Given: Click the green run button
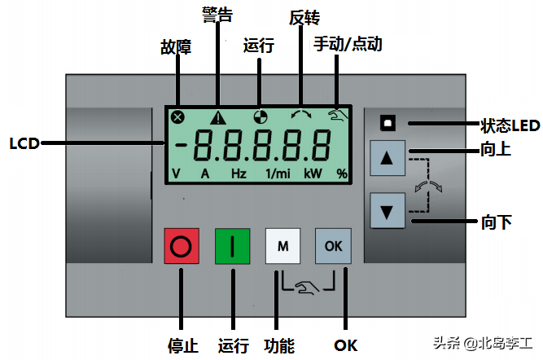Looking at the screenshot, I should [232, 246].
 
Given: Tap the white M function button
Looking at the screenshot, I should [282, 246].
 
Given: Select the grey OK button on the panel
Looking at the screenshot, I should [333, 246].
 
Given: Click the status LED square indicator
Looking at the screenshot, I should [388, 124].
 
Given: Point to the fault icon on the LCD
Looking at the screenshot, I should [177, 117].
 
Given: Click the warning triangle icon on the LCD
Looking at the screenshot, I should [218, 117].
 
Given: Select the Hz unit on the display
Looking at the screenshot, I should [239, 173].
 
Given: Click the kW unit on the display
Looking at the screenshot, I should [313, 173].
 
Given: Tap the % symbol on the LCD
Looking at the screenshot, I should [342, 173].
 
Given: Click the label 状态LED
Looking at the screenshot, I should [510, 125].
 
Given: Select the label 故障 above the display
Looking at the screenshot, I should [176, 47].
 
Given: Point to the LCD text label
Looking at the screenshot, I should [24, 144].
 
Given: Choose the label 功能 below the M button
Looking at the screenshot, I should [279, 345].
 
